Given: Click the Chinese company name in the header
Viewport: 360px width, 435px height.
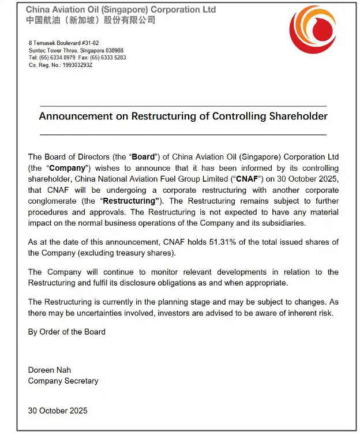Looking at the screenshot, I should click(x=91, y=20).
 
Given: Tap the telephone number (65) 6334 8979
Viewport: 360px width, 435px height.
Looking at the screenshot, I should click(x=57, y=58).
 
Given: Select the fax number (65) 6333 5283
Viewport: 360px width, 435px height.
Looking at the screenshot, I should click(x=111, y=58).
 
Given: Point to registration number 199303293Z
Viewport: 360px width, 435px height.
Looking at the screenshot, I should click(x=73, y=65).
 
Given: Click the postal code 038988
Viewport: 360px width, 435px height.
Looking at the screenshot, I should click(x=110, y=51).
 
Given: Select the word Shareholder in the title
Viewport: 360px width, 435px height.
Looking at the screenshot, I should click(x=298, y=116).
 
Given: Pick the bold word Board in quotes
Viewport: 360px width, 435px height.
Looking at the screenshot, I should click(x=144, y=157).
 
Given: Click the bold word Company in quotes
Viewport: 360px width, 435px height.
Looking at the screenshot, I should click(x=67, y=168).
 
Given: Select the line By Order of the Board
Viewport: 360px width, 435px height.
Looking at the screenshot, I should click(x=67, y=332).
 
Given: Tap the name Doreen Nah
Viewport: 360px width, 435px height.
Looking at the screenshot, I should click(x=50, y=370).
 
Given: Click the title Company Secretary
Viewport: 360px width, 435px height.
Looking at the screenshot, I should click(x=63, y=381).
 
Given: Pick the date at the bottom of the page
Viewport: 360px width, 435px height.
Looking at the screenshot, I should click(x=58, y=411).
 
